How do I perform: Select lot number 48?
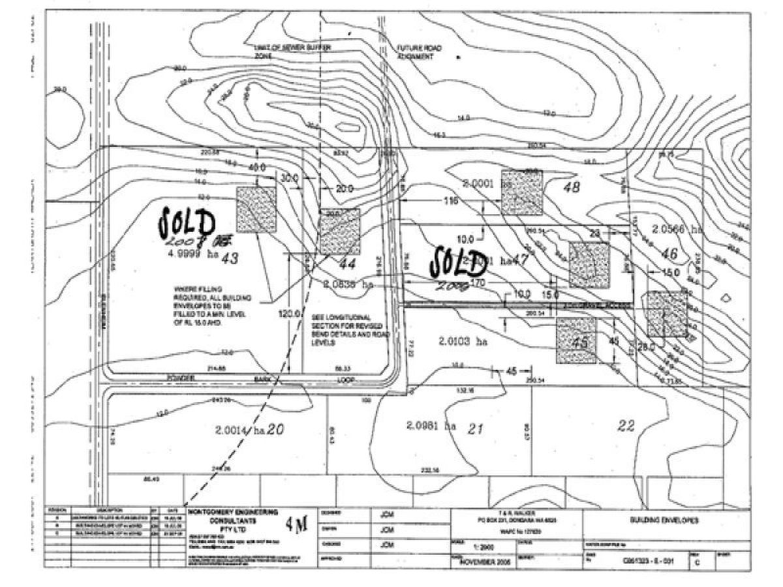(x=572, y=188)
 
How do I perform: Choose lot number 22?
(x=626, y=426)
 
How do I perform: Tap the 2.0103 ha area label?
(x=463, y=341)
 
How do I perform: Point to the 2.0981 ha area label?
(x=430, y=425)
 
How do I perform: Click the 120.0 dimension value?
(x=287, y=314)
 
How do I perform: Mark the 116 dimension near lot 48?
(x=451, y=202)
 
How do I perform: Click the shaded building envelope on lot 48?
(x=522, y=192)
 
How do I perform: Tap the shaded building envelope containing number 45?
(x=576, y=340)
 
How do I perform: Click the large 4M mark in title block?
(x=296, y=527)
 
